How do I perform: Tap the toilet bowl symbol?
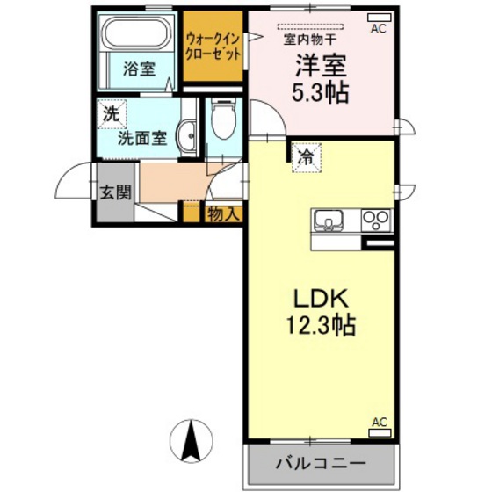coord(223,119)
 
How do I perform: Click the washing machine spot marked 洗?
coord(112,114)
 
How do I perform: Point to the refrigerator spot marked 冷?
coord(307,158)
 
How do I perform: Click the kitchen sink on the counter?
coord(329,220)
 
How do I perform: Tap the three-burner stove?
coord(376,220)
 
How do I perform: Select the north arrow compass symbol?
coord(192,441)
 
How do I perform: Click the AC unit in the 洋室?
coord(379,18)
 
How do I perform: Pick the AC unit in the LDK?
coord(380,432)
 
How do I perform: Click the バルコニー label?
coord(321,463)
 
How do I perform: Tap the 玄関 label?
coord(115,192)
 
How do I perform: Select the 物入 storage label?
coord(224,214)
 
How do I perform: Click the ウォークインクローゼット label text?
coord(213,47)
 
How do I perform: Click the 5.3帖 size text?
coord(321,93)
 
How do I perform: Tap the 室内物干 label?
coord(310,40)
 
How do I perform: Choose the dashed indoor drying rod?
coord(310,26)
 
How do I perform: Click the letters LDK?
coord(321,299)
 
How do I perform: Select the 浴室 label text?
coord(139,69)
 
